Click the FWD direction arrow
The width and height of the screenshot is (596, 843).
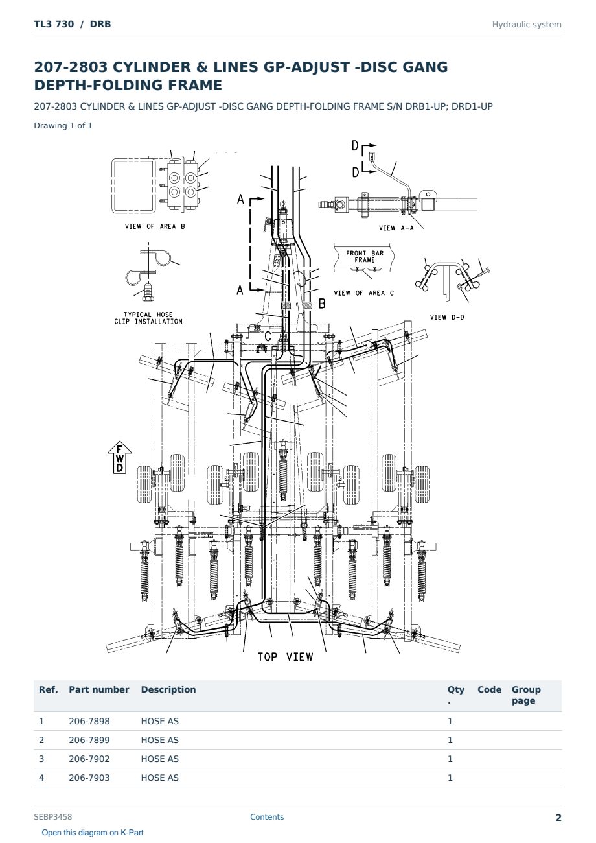[120, 457]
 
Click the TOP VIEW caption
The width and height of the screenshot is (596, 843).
[285, 657]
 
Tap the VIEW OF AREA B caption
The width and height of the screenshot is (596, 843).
[155, 226]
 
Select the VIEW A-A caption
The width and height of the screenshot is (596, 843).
[396, 228]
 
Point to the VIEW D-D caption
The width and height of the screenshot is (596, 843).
[447, 317]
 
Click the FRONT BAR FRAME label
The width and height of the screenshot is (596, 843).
[365, 256]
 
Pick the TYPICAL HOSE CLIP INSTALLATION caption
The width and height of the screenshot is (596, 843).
[148, 318]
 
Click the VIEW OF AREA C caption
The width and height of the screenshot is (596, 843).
[363, 293]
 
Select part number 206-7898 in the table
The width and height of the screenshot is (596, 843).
[89, 721]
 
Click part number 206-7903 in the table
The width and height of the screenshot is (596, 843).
[89, 778]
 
